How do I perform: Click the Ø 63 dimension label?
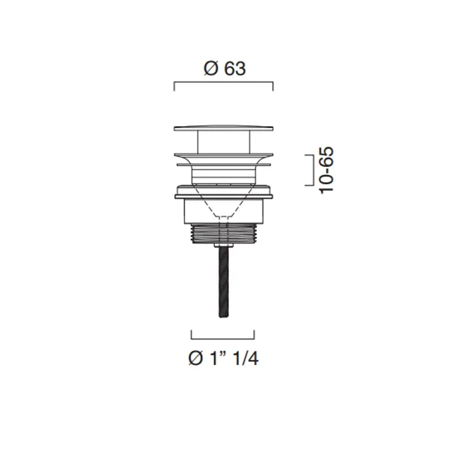[x=225, y=69]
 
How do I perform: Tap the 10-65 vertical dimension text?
[x=327, y=170]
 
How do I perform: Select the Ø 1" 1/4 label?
[x=224, y=358]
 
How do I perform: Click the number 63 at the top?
[x=235, y=69]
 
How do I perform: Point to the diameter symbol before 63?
[x=211, y=69]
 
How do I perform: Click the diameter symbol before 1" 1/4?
[x=195, y=358]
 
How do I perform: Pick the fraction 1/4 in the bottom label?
[x=246, y=358]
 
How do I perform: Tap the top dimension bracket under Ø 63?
[x=224, y=82]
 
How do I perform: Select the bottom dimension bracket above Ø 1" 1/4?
[x=222, y=339]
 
